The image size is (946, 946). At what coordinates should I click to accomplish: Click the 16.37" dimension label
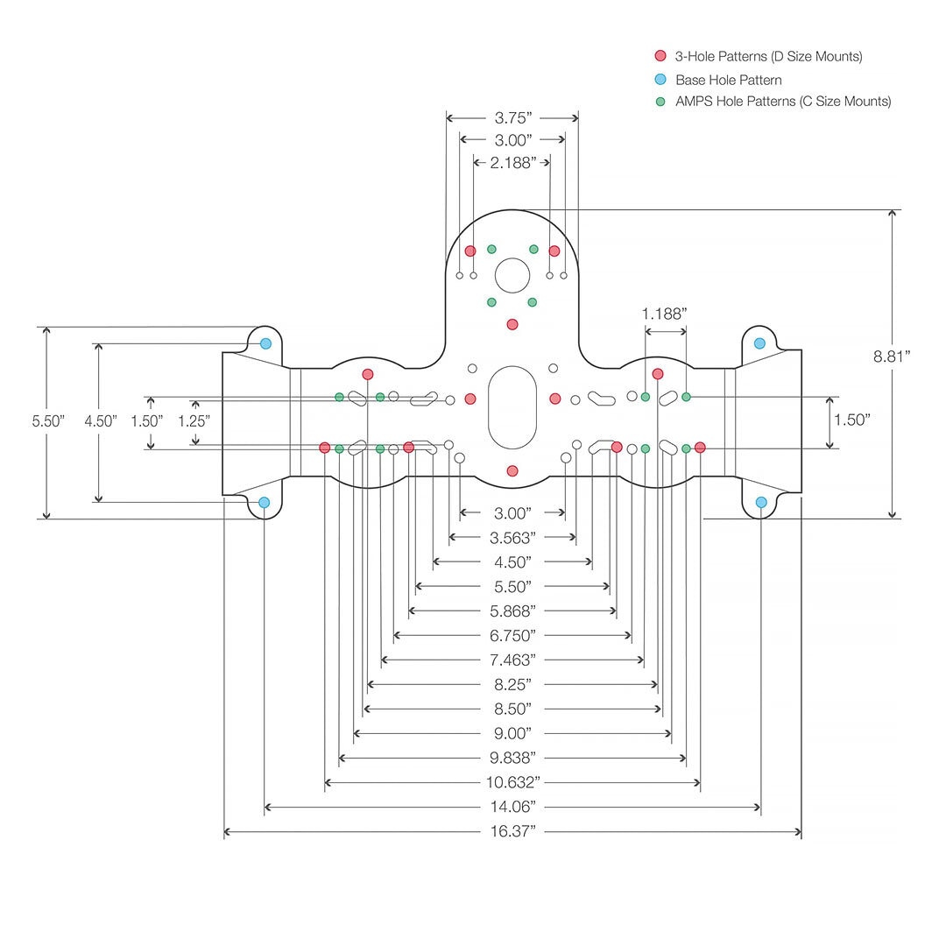tap(513, 831)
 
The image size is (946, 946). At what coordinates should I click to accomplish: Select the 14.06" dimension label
tap(513, 807)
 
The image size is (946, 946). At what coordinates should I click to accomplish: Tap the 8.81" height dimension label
tap(892, 356)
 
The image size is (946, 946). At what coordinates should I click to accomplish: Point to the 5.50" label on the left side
tap(48, 420)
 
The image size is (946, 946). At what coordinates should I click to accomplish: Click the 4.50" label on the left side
tap(100, 420)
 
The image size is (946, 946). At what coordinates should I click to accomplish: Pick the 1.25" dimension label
tap(194, 420)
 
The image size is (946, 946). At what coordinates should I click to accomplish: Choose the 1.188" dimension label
tap(664, 314)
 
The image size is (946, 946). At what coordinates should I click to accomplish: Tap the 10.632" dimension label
tap(513, 782)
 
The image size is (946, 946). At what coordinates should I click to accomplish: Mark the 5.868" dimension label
tap(513, 611)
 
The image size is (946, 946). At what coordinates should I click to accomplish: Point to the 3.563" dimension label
tap(513, 537)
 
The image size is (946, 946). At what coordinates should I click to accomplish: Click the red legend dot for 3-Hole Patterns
tap(660, 56)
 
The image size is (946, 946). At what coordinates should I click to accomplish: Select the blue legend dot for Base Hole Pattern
tap(660, 79)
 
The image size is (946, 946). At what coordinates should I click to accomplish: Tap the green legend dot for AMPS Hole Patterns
tap(660, 102)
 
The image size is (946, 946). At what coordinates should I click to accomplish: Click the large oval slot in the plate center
tap(512, 407)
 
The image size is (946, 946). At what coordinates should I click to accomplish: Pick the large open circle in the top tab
tap(512, 275)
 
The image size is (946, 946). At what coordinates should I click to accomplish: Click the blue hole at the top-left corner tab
tap(265, 343)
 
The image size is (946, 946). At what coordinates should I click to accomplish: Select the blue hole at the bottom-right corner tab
tap(760, 502)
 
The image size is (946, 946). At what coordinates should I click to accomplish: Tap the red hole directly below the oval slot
tap(512, 470)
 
